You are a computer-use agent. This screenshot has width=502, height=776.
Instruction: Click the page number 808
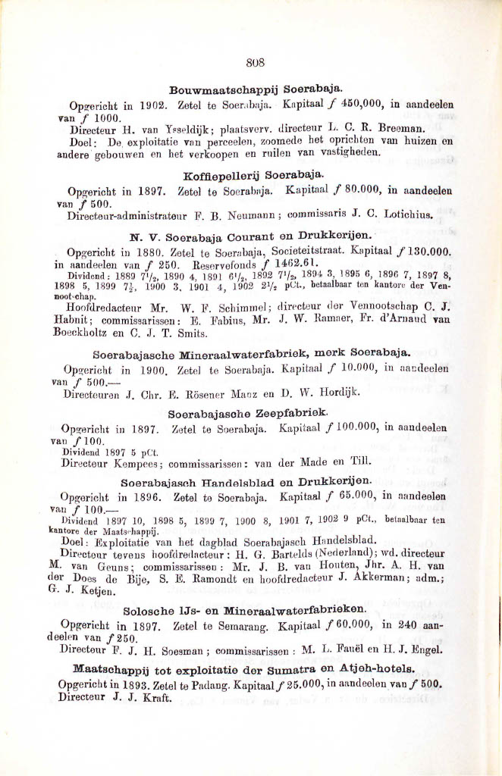255,64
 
